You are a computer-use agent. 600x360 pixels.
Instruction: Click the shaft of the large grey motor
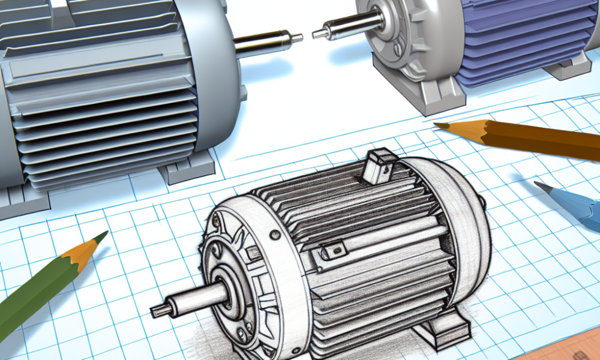pos(264,43)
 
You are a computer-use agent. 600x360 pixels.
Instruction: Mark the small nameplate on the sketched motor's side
pos(336,251)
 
